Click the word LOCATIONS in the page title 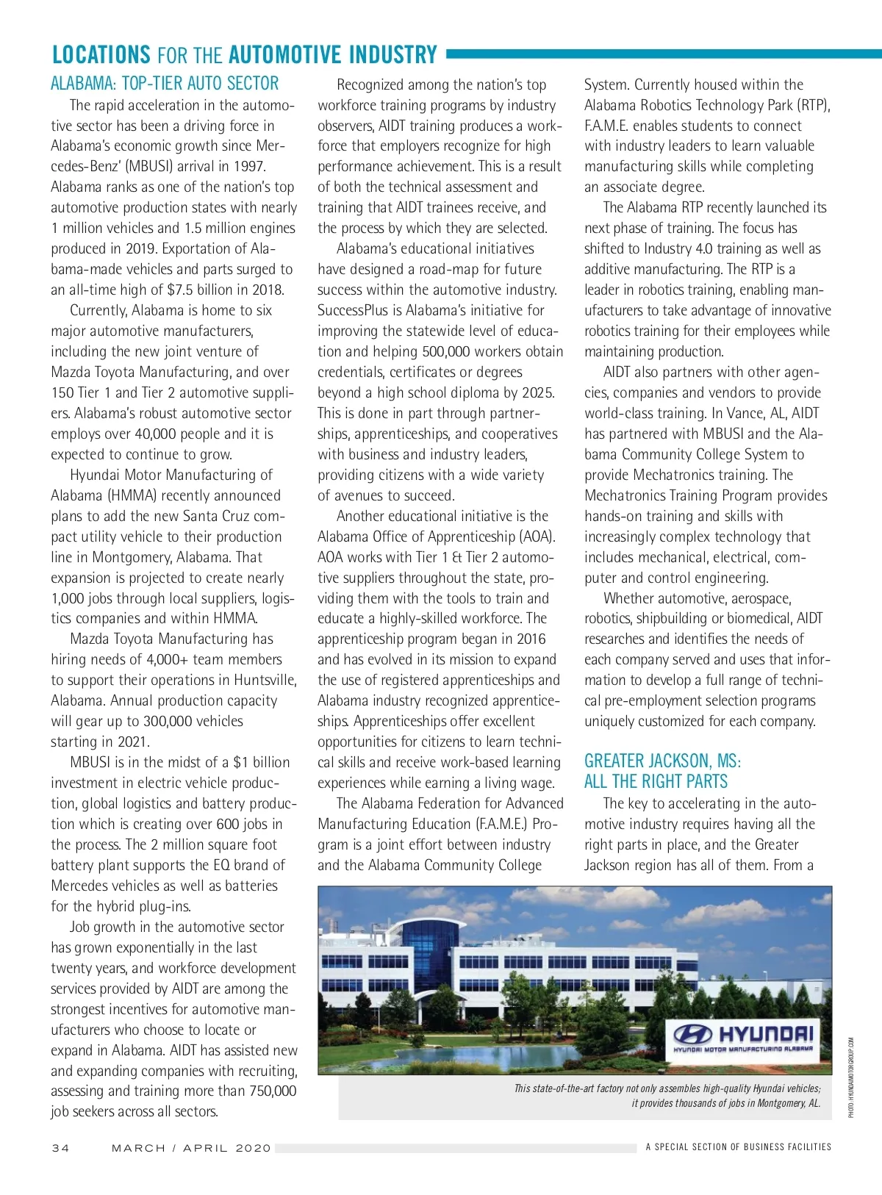[101, 55]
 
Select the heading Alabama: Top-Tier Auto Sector [165, 84]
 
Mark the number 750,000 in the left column [273, 1091]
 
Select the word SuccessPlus [354, 310]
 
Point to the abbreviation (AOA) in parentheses [537, 537]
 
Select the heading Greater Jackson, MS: [662, 761]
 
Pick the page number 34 [60, 1148]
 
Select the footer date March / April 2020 [191, 1148]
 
